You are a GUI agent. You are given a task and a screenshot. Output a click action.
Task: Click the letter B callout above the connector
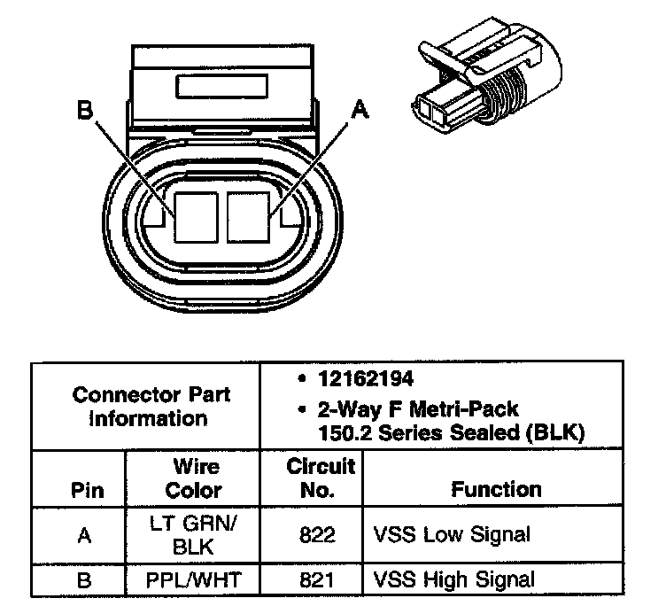tap(85, 111)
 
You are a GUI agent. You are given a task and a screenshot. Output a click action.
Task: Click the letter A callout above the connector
tap(360, 109)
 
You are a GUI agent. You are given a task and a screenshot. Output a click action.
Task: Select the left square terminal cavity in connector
tap(196, 215)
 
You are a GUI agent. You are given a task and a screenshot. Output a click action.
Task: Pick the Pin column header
tap(86, 490)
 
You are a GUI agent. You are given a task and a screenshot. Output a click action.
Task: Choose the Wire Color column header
tap(194, 478)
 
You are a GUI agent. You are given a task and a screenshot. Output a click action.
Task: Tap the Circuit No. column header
tap(321, 478)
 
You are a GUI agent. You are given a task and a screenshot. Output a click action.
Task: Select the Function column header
tap(496, 489)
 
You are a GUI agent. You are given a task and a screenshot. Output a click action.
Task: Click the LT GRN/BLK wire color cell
tap(194, 534)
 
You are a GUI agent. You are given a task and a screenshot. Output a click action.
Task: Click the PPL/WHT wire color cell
tap(194, 580)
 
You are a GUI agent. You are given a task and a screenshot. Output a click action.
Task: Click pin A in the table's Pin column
tap(84, 534)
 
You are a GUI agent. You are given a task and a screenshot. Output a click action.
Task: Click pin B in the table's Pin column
tap(84, 580)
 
